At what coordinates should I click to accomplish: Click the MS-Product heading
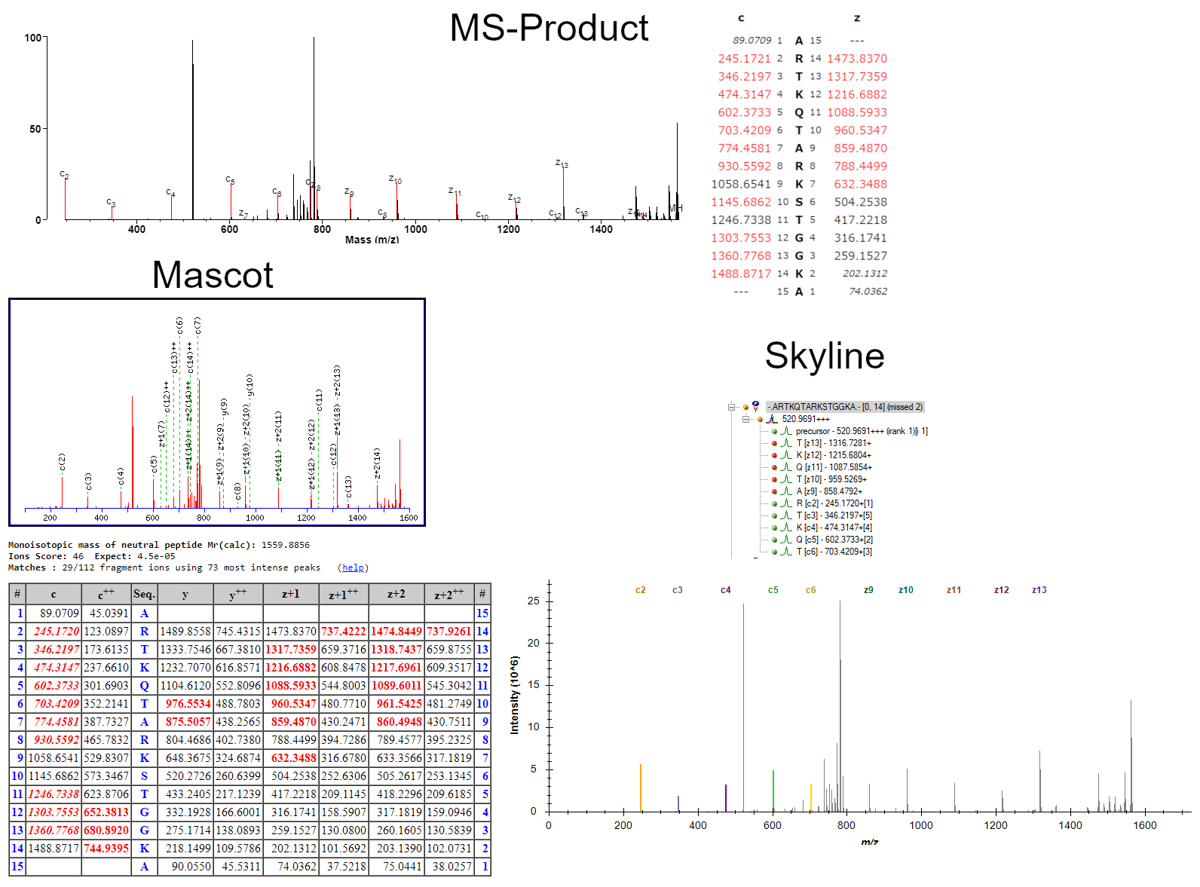point(549,29)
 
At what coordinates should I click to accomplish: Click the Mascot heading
point(212,275)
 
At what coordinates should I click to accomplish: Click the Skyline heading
point(824,356)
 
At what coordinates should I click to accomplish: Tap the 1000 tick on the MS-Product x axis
point(415,229)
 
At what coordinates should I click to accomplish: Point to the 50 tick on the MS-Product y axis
point(35,129)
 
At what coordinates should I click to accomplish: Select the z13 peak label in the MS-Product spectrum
point(562,164)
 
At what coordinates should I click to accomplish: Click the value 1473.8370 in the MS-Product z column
point(857,59)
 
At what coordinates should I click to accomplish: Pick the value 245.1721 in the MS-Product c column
point(744,59)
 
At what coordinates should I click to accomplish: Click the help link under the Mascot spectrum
point(353,567)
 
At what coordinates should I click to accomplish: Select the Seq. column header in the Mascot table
point(144,594)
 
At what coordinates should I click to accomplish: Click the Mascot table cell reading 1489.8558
point(185,631)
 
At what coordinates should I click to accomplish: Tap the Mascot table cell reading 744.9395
point(106,848)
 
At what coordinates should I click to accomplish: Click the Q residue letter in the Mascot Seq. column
point(144,685)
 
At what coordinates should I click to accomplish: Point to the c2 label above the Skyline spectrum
point(640,590)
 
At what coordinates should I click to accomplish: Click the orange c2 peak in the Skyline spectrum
point(641,788)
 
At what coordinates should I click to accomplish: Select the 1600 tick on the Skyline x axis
point(1144,825)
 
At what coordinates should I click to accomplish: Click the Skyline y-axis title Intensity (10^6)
point(515,694)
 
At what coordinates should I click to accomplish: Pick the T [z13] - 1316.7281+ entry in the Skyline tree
point(834,443)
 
